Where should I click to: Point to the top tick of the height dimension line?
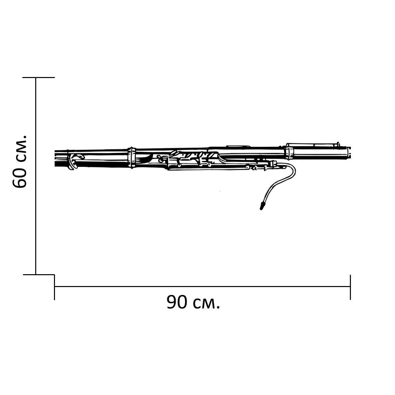[x=39, y=77]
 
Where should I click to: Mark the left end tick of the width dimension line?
[x=55, y=287]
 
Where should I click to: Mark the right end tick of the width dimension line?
[x=350, y=287]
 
